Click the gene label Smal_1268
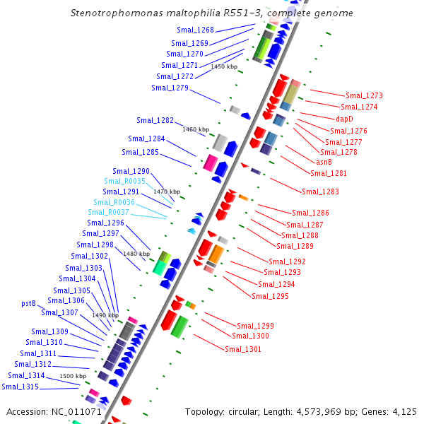195,30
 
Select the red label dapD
344,119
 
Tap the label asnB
324,162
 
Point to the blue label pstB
28,303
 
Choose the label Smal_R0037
109,212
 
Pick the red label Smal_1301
242,349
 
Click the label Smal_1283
320,192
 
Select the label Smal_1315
20,387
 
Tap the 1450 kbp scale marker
224,66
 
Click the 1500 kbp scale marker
72,376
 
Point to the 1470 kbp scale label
167,192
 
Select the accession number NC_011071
76,411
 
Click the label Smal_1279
170,88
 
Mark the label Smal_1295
270,296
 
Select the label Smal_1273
364,95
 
